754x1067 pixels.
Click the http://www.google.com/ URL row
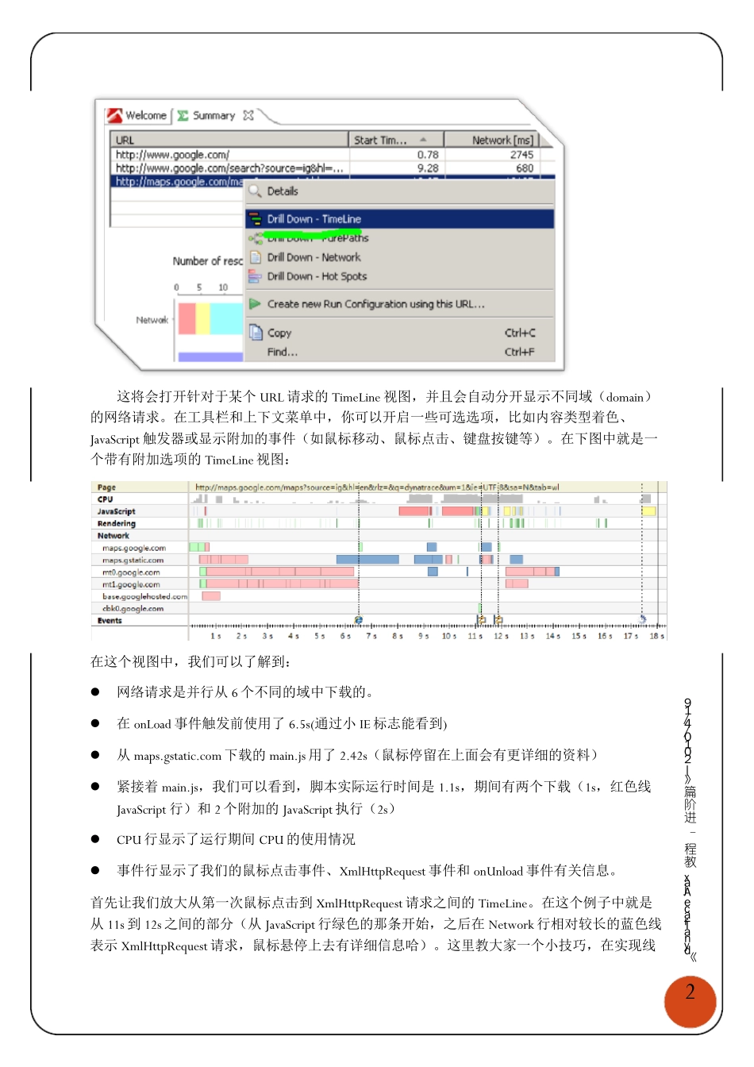click(x=172, y=155)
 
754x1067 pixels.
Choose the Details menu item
click(x=282, y=191)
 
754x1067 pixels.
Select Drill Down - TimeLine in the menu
click(x=314, y=219)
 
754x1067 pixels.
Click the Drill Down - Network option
click(x=313, y=257)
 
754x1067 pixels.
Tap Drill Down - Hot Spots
click(x=316, y=276)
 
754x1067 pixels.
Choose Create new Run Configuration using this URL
click(x=375, y=304)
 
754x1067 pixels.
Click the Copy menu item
click(x=279, y=333)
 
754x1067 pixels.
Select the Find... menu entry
click(x=282, y=352)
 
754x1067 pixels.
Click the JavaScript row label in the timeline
click(x=117, y=511)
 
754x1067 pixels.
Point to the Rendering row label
click(x=117, y=524)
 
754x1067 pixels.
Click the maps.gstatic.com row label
click(x=133, y=560)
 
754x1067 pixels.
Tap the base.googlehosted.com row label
click(x=144, y=596)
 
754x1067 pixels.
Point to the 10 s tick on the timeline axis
click(x=448, y=636)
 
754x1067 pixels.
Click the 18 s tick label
click(x=656, y=636)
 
